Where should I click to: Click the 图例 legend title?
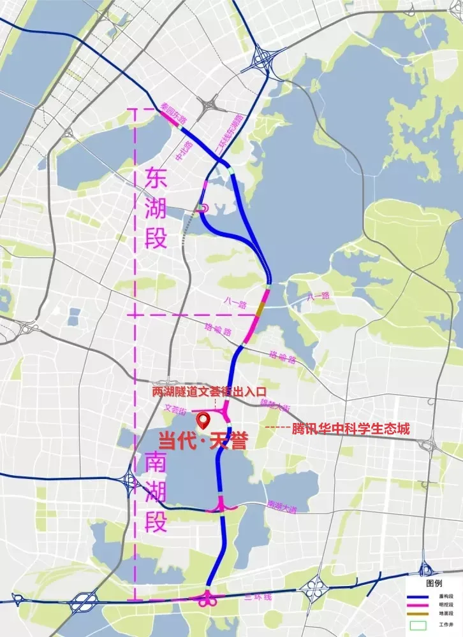click(434, 583)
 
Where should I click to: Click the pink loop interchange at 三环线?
click(208, 599)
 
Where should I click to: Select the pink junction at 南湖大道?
click(222, 505)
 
